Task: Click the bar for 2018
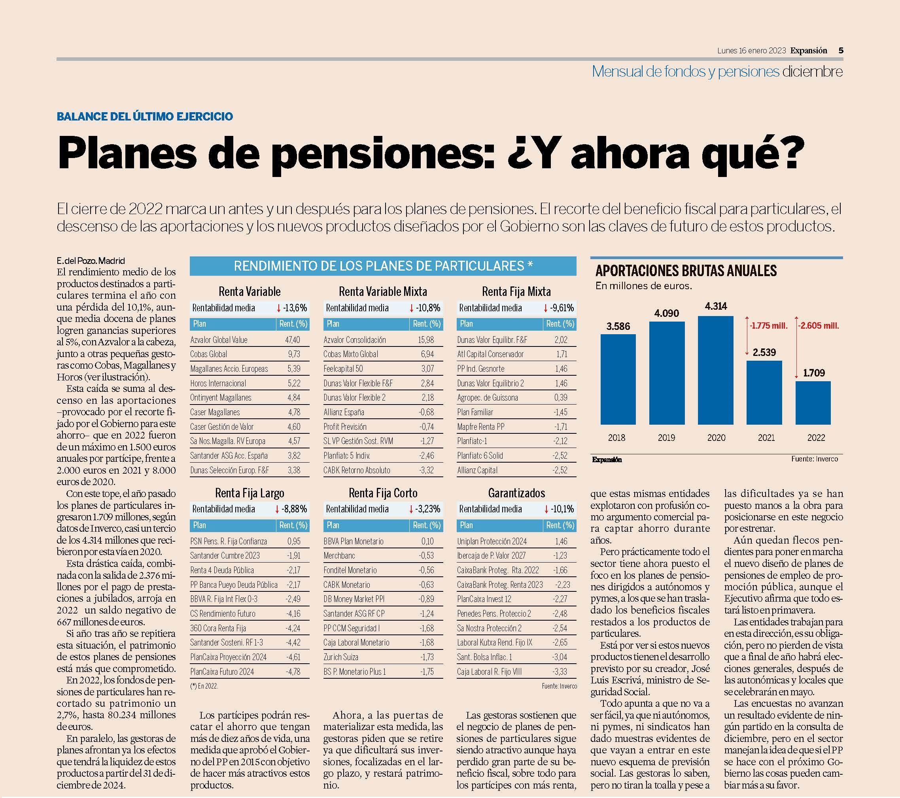[618, 379]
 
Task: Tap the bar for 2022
[813, 403]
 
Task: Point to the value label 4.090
[666, 313]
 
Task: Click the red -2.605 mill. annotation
[819, 326]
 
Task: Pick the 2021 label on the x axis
[766, 437]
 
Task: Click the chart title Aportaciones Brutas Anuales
[686, 270]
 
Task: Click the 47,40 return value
[293, 340]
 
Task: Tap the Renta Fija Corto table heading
[383, 493]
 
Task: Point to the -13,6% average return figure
[295, 307]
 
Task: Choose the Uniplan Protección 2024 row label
[492, 541]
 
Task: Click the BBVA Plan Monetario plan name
[354, 541]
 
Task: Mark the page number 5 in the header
[841, 50]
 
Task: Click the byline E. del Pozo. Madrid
[91, 260]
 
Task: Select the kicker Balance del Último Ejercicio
[145, 117]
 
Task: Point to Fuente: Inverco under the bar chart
[815, 459]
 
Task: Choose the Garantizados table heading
[516, 493]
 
